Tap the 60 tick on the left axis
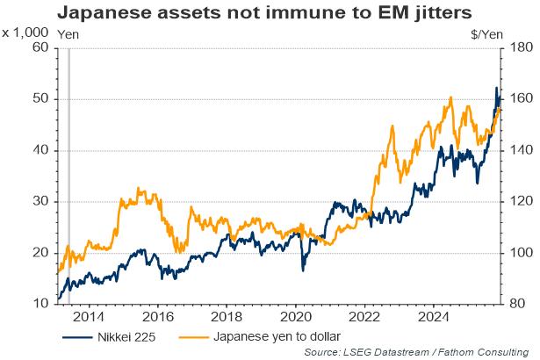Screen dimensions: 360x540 tap(40, 47)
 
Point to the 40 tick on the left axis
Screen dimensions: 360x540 tap(40, 150)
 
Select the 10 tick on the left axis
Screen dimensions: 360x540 tap(40, 304)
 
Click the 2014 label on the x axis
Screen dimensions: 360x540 tap(89, 317)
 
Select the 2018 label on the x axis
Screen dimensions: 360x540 tap(227, 317)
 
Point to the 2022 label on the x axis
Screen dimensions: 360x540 tap(364, 317)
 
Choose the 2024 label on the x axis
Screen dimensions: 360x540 tap(433, 317)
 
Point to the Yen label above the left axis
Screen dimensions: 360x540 tap(67, 32)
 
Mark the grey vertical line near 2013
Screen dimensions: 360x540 tap(68, 176)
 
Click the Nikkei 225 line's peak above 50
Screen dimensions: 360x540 tap(496, 88)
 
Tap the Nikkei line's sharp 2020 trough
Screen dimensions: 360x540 tap(303, 270)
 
